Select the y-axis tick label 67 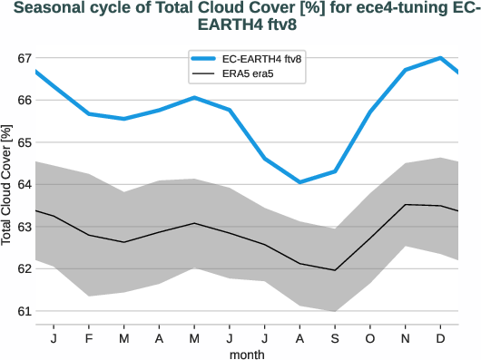click(x=25, y=58)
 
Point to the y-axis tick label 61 click(x=25, y=311)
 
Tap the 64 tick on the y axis click(x=25, y=184)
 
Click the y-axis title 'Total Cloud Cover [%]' click(x=7, y=185)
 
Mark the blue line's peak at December click(x=440, y=58)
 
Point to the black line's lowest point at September click(x=335, y=270)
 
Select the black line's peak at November click(x=405, y=204)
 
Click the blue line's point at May click(x=194, y=97)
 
